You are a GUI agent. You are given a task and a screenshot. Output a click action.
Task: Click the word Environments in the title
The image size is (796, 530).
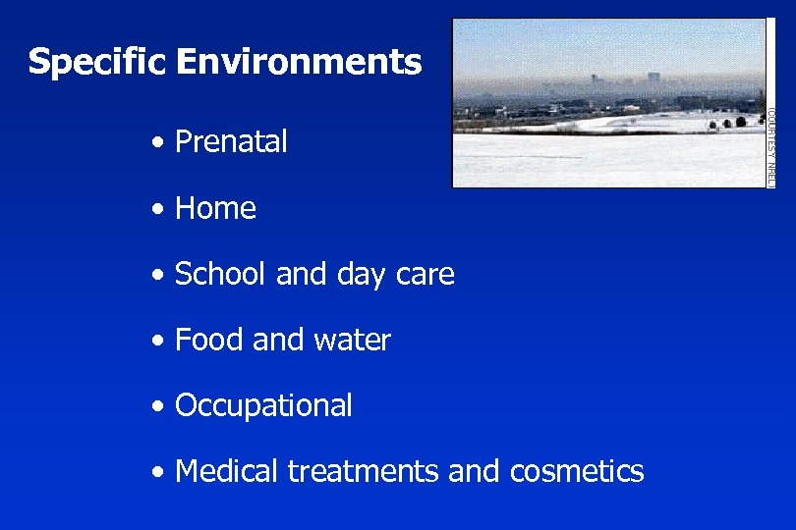click(x=299, y=63)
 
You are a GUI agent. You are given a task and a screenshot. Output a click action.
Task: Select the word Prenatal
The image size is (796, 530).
click(x=231, y=142)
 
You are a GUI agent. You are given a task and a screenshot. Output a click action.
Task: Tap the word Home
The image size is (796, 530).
click(x=215, y=208)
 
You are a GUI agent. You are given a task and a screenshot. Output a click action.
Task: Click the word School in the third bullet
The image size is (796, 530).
click(x=221, y=275)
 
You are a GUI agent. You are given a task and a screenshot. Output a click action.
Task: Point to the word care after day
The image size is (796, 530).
click(x=425, y=275)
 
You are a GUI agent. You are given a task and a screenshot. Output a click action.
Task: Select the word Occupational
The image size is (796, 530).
click(x=263, y=405)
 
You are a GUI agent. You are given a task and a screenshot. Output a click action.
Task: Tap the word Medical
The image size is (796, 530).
click(x=226, y=471)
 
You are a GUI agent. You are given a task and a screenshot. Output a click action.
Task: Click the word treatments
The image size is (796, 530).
click(x=363, y=472)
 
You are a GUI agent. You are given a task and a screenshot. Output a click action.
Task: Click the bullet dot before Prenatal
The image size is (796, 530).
click(x=158, y=143)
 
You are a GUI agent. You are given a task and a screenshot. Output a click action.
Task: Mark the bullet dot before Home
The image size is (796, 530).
click(x=158, y=209)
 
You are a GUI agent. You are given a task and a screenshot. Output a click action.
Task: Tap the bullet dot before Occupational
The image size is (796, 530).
click(x=158, y=406)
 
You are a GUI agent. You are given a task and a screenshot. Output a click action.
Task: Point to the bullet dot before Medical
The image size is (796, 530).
click(x=158, y=472)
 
